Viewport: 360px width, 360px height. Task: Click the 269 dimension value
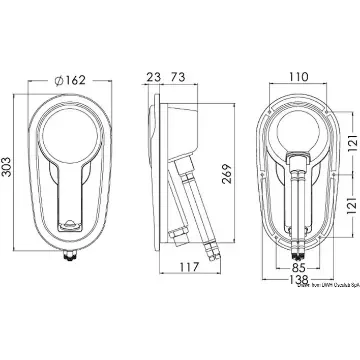click(227, 174)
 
